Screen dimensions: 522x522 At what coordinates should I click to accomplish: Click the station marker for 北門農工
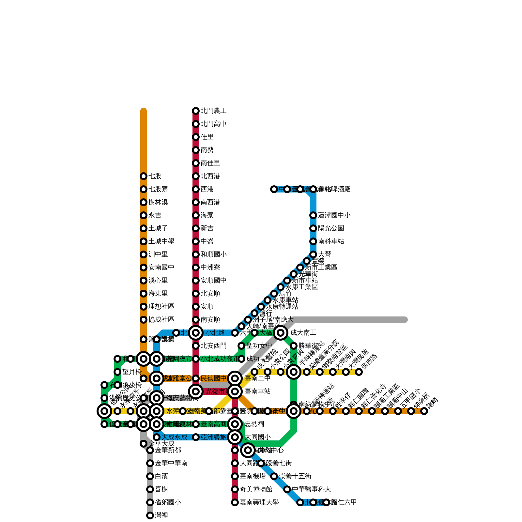[x=196, y=111]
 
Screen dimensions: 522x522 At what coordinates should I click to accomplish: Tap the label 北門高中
[x=213, y=124]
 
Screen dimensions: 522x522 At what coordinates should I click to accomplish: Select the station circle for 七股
[x=144, y=176]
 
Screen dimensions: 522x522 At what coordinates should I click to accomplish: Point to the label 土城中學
[x=161, y=241]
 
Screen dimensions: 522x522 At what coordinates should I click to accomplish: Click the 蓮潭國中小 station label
[x=334, y=215]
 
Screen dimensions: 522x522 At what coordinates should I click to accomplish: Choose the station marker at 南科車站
[x=313, y=241]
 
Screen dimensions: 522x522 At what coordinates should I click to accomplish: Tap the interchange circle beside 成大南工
[x=281, y=333]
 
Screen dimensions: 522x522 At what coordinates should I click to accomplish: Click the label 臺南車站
[x=257, y=391]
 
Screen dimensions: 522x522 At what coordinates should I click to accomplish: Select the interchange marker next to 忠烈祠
[x=235, y=424]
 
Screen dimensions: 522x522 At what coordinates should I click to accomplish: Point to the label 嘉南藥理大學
[x=259, y=502]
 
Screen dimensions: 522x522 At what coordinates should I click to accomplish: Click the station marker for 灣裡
[x=150, y=515]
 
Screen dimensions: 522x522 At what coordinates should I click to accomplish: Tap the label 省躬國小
[x=168, y=502]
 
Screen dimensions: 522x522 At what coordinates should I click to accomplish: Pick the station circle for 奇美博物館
[x=235, y=489]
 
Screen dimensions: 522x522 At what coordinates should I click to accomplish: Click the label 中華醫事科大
[x=311, y=489]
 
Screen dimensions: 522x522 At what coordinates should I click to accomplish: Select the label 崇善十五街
[x=295, y=476]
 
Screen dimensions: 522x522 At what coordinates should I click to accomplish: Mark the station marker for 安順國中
[x=196, y=281]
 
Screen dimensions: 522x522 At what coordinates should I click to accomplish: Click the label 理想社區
[x=161, y=307]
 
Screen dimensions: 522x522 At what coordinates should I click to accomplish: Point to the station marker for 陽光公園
[x=313, y=228]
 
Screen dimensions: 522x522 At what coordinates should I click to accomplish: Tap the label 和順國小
[x=213, y=254]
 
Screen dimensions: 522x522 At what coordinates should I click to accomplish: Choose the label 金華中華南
[x=171, y=463]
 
